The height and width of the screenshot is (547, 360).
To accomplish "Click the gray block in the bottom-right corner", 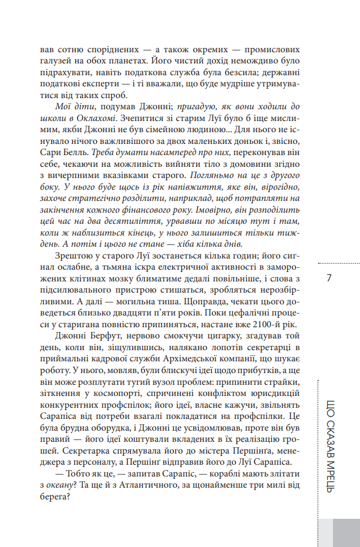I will pos(345,532).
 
